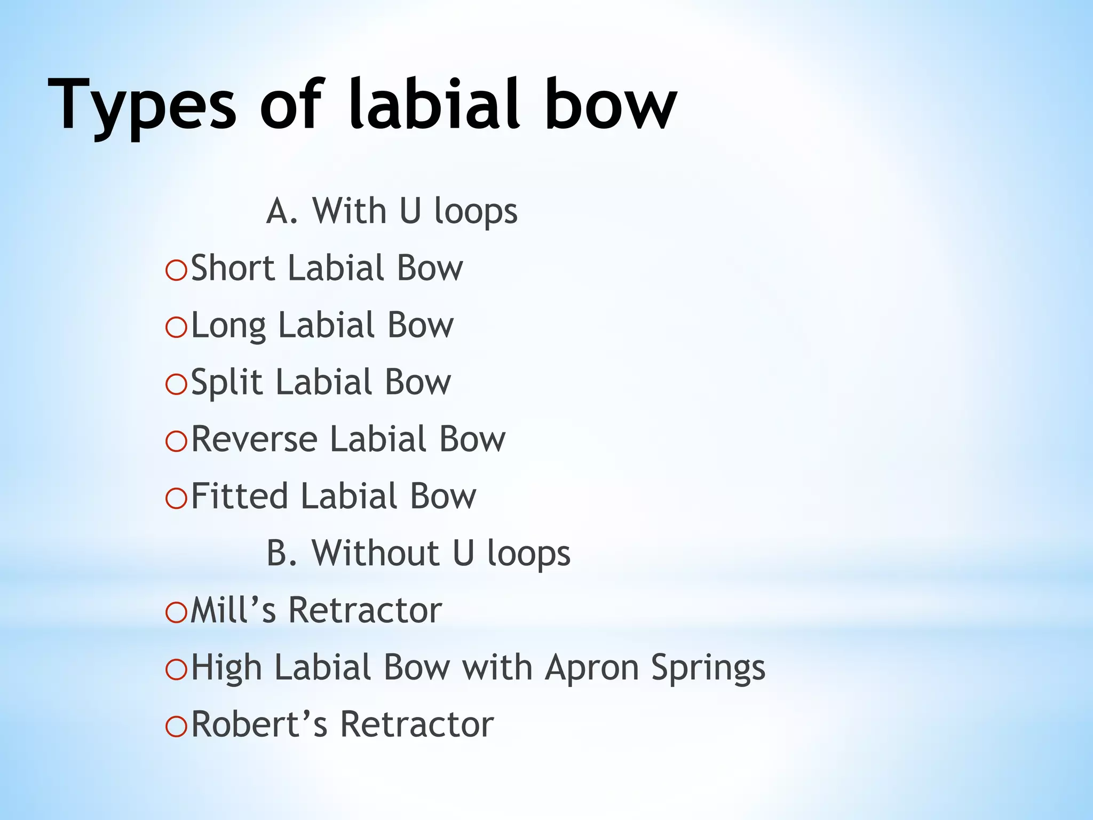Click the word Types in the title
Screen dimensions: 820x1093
(141, 105)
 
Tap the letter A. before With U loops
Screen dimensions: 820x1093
(281, 211)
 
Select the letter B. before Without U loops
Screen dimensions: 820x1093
(281, 553)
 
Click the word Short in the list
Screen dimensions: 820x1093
(233, 268)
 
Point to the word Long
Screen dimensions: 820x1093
(228, 326)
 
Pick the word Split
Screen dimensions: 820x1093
(227, 383)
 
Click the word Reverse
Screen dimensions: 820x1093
(254, 439)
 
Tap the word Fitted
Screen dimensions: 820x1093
(239, 496)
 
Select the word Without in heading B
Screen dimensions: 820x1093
(375, 553)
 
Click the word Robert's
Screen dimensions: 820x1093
(259, 725)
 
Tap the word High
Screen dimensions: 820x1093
(226, 668)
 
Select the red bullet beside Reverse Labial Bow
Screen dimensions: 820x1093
(176, 441)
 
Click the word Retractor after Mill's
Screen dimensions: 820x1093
(365, 610)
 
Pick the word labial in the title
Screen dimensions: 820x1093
(434, 105)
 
